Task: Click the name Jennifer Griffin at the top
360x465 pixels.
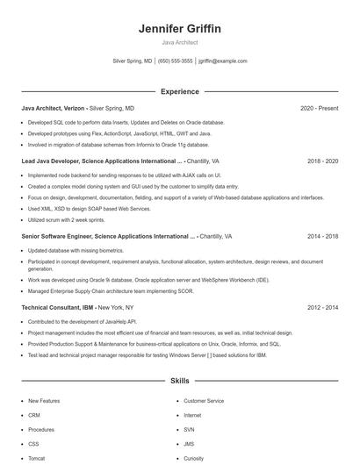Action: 180,29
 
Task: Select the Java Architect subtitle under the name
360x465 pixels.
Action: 180,42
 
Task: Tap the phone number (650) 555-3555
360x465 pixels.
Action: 176,61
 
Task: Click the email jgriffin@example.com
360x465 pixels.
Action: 223,61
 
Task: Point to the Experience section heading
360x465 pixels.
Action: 180,91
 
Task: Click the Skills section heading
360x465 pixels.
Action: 180,382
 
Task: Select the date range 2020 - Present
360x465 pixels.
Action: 319,108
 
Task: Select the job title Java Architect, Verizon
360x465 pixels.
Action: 54,108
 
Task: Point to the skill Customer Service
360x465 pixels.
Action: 204,401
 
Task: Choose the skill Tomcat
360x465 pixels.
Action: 37,458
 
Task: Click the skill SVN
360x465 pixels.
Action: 189,429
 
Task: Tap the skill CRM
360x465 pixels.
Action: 34,415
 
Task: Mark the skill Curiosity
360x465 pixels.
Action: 193,458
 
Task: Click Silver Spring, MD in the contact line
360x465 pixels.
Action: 133,61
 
